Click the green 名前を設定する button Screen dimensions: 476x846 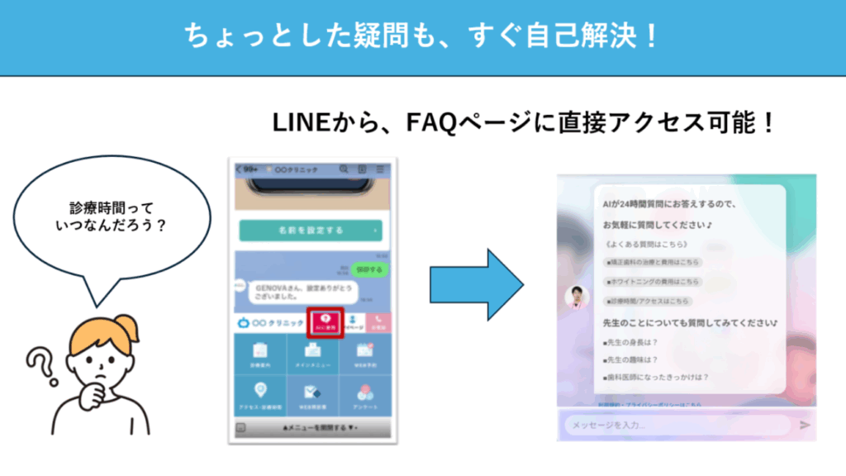click(310, 231)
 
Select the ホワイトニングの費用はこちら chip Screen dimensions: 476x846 click(652, 282)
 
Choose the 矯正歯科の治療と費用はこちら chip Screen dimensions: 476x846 click(652, 262)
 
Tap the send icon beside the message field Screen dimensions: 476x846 click(805, 425)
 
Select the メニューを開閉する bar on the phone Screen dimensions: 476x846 click(310, 428)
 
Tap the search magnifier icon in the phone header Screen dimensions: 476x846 click(343, 169)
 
